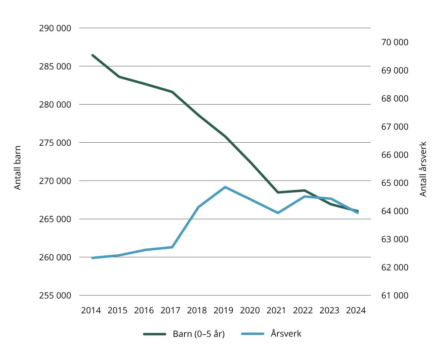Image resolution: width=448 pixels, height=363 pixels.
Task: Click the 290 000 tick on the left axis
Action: [x=55, y=28]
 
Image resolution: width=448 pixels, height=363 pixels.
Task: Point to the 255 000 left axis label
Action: [x=55, y=295]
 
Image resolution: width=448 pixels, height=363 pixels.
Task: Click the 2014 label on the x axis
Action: [x=91, y=311]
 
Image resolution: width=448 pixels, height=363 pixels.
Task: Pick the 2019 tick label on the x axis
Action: [x=223, y=311]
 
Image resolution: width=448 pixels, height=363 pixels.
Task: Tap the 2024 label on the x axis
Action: [x=356, y=311]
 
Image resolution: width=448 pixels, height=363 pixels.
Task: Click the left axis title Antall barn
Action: [x=18, y=168]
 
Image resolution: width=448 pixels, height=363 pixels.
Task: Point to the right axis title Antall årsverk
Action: [x=423, y=169]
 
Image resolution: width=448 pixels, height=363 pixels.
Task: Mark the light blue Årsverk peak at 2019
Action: [x=225, y=187]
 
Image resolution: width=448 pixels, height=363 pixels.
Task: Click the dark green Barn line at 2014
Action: [x=93, y=55]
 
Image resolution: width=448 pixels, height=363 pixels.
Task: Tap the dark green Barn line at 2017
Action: [x=172, y=92]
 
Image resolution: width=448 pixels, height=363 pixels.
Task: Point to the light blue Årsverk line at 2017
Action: [x=172, y=247]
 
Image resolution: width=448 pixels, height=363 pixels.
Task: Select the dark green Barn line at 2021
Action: [x=278, y=192]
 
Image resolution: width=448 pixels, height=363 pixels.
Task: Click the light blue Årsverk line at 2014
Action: [x=93, y=258]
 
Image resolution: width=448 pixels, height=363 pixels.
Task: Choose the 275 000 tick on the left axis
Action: [x=55, y=143]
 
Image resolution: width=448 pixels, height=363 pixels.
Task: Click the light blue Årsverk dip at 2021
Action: [x=278, y=213]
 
